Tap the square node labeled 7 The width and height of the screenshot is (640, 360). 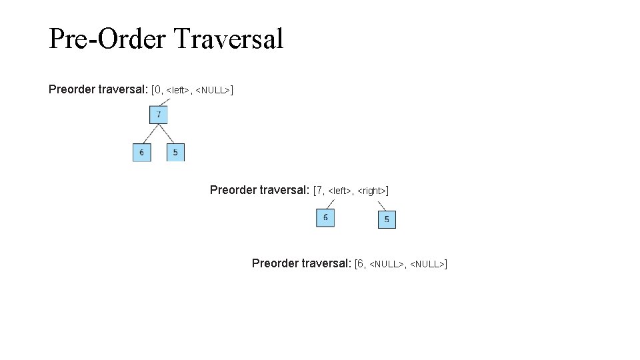[159, 115]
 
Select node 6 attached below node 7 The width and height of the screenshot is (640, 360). [141, 153]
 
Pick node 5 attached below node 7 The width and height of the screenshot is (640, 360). [175, 153]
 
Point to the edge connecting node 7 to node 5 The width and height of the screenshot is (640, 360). [168, 133]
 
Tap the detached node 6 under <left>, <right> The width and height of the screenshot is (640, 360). [325, 217]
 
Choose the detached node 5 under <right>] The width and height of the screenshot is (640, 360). [387, 219]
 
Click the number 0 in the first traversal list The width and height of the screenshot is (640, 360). [157, 89]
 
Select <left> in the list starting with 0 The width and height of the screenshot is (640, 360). [179, 90]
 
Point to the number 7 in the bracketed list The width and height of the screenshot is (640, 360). [319, 191]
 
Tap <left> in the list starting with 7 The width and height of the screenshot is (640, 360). [340, 191]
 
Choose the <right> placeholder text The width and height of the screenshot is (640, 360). [372, 191]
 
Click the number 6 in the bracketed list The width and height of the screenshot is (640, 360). [361, 264]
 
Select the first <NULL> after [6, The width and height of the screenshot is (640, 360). [386, 265]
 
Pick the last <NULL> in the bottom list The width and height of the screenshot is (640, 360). [427, 265]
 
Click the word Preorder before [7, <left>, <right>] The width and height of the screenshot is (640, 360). [233, 190]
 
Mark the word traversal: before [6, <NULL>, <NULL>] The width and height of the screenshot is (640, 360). [326, 263]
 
